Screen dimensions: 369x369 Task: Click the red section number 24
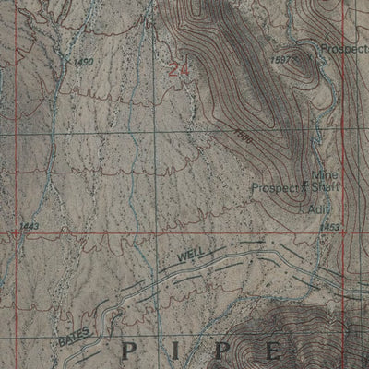point(179,68)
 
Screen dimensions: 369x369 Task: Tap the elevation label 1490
point(83,62)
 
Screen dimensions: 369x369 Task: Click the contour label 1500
point(243,135)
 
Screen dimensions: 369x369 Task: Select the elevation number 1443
point(30,225)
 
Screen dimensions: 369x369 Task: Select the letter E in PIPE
point(274,351)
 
